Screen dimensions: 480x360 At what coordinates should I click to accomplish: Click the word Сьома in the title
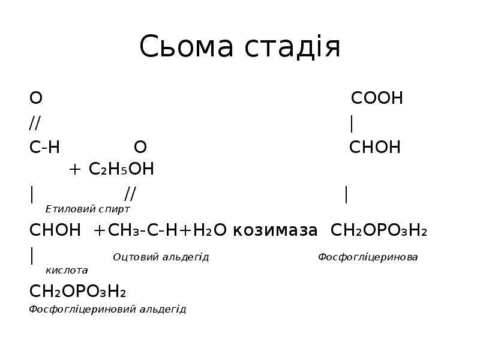point(187,46)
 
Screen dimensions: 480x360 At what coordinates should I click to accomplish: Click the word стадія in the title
point(292,46)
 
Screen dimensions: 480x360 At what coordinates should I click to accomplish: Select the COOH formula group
point(377,98)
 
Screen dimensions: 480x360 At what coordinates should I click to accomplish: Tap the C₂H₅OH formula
point(121,169)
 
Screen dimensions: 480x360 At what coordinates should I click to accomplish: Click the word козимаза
point(275,230)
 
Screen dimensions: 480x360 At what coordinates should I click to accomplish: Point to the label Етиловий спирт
point(88,209)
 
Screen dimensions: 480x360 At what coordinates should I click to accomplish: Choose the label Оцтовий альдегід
point(161,257)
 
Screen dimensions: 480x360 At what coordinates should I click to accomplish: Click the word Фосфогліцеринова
point(368,257)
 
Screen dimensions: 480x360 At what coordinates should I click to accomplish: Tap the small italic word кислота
point(67,271)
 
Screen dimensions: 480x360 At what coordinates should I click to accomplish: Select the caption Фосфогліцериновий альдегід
point(107,309)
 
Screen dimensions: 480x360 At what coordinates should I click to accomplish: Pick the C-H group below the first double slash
point(44,147)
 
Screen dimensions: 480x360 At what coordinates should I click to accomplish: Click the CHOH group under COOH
point(374,147)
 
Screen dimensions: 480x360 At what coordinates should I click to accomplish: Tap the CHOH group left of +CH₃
point(55,230)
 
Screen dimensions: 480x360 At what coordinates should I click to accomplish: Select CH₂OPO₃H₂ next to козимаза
point(379,230)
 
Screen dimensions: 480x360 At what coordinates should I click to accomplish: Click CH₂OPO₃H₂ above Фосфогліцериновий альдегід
point(77,291)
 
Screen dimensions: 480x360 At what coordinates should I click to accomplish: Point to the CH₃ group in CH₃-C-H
point(124,230)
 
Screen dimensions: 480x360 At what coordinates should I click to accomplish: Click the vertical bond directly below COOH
point(352,124)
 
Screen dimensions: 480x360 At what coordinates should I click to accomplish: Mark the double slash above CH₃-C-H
point(130,193)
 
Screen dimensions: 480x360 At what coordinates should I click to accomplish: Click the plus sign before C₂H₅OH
point(74,169)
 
